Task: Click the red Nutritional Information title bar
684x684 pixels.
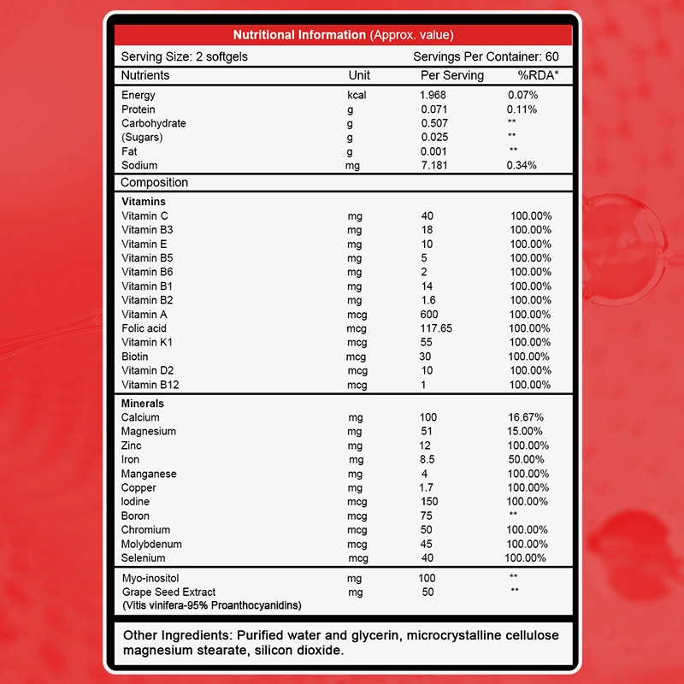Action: (343, 35)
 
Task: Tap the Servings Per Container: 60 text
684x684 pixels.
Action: (486, 56)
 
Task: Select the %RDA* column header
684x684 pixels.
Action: (528, 75)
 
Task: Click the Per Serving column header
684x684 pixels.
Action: (452, 75)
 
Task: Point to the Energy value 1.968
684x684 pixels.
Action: (433, 95)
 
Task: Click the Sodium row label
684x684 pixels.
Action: (139, 165)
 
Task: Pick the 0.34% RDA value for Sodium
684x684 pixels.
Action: (522, 165)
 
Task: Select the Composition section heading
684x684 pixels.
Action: (154, 183)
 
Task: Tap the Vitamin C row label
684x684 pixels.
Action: (145, 216)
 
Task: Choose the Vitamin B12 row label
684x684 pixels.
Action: (150, 385)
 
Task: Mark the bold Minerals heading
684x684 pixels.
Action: (143, 403)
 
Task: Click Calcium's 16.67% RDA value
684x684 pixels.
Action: (525, 417)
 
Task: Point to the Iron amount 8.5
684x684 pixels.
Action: (428, 459)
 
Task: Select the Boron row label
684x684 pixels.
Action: (135, 516)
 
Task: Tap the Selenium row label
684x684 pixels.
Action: (143, 558)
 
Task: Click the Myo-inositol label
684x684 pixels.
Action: (151, 578)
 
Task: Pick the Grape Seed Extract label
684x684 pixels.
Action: (168, 592)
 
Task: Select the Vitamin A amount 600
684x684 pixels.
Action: (429, 315)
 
